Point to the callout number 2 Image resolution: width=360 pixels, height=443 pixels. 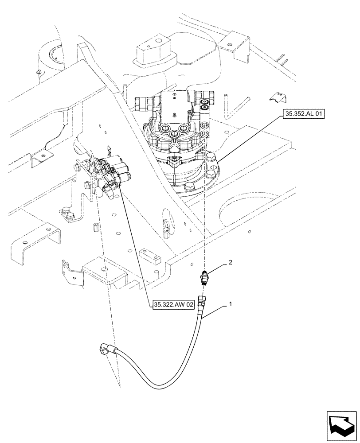click(230, 263)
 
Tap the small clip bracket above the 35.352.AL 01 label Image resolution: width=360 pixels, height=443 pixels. click(278, 97)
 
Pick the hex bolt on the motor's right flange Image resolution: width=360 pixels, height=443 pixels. click(209, 155)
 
